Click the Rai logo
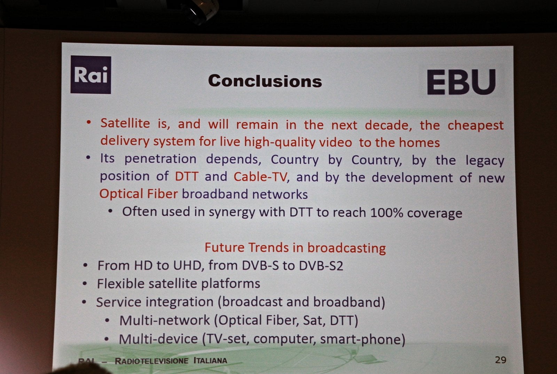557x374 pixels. coord(91,75)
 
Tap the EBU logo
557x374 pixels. coord(461,82)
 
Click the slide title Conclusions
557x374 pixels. coord(265,81)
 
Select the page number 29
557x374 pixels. coord(500,360)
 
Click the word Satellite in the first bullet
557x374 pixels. coord(125,123)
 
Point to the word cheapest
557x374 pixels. coord(476,125)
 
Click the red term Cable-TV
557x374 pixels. coord(260,177)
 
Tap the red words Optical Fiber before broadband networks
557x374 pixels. coord(139,194)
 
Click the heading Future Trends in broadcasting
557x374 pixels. coord(295,248)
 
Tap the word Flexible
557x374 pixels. coord(120,284)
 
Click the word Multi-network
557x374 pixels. coord(164,320)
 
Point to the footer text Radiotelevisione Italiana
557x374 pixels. coord(171,361)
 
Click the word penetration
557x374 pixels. coord(160,159)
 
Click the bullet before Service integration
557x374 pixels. coord(84,302)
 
